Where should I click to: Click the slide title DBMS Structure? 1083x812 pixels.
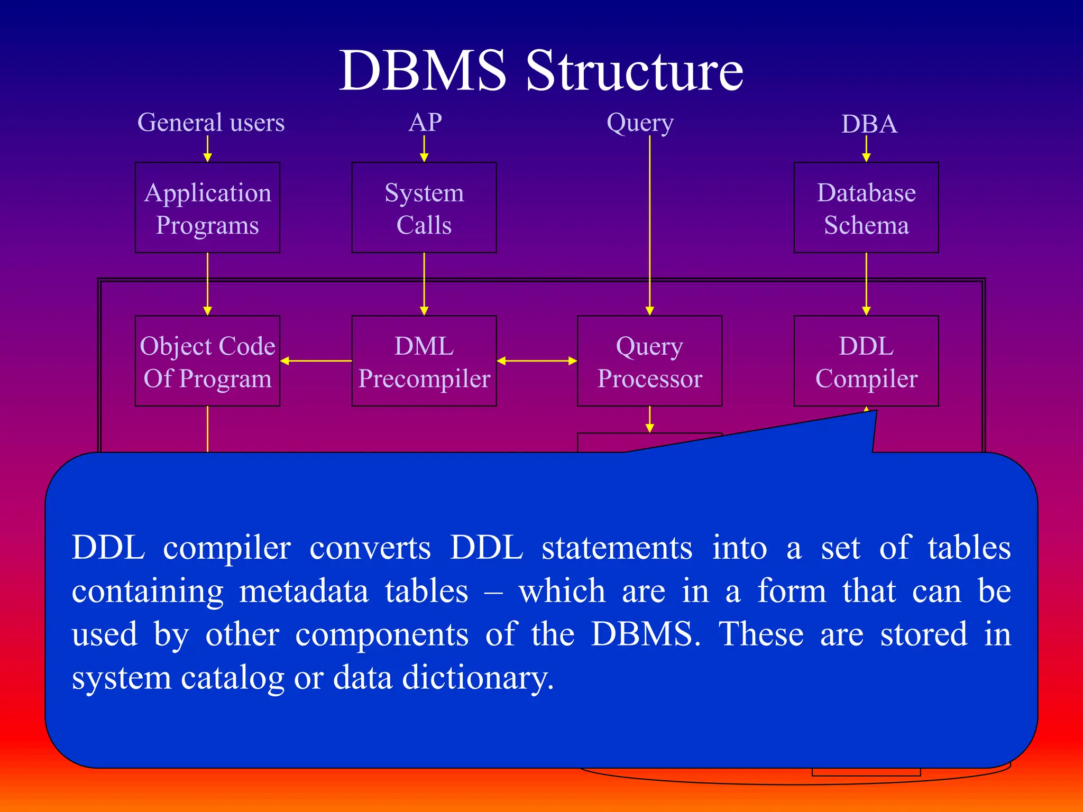pos(541,71)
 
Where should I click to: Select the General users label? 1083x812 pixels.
pos(211,123)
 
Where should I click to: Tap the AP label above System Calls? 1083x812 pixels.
pos(425,123)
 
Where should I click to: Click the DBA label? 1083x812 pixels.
pos(869,124)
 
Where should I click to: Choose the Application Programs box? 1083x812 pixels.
pos(207,208)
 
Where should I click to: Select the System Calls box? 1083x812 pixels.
pos(424,208)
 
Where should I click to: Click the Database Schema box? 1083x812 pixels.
pos(866,208)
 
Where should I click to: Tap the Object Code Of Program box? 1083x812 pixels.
pos(207,361)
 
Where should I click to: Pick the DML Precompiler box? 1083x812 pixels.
pos(424,361)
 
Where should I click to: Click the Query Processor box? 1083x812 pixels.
pos(649,361)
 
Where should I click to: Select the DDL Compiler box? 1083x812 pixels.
pos(866,361)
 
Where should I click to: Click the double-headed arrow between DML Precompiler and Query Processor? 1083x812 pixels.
pos(537,361)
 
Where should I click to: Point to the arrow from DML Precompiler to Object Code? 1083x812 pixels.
pos(316,361)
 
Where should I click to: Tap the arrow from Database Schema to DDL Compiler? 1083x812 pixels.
pos(866,284)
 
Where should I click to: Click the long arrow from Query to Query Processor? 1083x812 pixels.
pos(650,222)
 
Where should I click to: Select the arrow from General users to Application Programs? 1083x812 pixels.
pos(207,149)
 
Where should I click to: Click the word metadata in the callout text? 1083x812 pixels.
pos(304,591)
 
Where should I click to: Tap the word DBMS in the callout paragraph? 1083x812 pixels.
pos(645,634)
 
